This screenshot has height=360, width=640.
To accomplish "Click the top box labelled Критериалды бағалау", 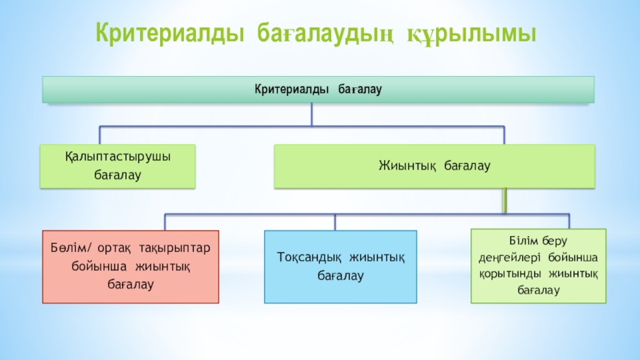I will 318,89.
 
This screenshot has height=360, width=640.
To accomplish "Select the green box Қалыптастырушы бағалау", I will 118,166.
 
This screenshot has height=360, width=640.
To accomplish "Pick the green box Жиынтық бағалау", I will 434,166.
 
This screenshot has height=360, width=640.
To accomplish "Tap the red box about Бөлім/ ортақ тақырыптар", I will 130,266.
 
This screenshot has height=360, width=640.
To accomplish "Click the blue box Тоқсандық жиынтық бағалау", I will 340,266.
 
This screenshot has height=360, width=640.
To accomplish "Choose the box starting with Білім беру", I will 538,265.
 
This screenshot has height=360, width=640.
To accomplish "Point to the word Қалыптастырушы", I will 118,157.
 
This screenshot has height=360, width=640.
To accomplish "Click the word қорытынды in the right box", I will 511,273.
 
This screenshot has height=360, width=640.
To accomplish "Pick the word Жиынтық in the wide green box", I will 408,166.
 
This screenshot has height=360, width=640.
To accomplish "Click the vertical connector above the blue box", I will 335,222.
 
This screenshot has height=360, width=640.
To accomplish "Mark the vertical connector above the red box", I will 165,222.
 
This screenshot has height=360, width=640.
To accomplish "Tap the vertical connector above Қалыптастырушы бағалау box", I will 99,134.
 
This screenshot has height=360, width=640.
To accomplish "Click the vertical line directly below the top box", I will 312,114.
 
